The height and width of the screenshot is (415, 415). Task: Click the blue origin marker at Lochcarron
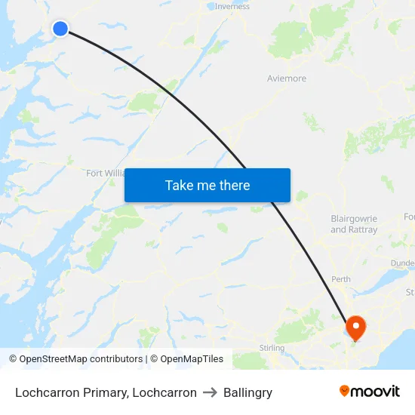[x=60, y=29]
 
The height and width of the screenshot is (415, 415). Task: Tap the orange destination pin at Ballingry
[x=354, y=327]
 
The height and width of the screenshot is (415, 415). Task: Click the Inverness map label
[x=232, y=7]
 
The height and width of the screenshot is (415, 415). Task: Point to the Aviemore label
[x=287, y=78]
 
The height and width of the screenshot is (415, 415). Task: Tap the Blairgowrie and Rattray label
[x=354, y=224]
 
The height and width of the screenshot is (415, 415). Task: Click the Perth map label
[x=341, y=279]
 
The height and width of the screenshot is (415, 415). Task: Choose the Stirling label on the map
[x=272, y=348]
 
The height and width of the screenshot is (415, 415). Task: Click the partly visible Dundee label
[x=403, y=263]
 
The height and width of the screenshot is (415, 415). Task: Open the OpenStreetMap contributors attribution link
[x=81, y=359]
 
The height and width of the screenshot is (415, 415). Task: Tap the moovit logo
[x=370, y=392]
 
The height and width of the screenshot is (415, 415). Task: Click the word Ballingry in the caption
[x=247, y=392]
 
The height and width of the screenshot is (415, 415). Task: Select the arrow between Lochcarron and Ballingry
[x=210, y=392]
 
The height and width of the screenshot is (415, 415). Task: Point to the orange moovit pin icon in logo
[x=345, y=391]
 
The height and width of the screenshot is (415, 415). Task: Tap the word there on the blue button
[x=234, y=185]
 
